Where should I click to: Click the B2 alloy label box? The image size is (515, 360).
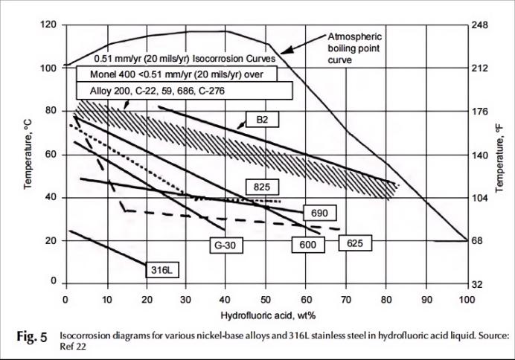pos(263,120)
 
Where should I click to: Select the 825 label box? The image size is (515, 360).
pos(262,187)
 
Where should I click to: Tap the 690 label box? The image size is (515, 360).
pos(319,213)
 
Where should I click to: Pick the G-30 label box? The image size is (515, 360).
pos(226,245)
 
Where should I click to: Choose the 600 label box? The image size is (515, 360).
pos(308,245)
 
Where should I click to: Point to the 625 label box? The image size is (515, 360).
pos(355,243)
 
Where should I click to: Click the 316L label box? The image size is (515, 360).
pos(162,270)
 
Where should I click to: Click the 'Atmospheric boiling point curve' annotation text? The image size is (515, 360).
pos(354,48)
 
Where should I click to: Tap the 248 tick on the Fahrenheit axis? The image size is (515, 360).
pos(480,25)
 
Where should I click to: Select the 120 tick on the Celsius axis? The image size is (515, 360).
pos(48,25)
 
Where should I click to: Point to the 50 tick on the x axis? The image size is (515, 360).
pos(266,299)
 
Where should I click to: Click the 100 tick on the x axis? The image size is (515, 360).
pos(467,299)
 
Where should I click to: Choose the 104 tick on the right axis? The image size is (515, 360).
pos(480,198)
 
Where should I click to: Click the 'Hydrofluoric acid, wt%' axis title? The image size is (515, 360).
pos(268,315)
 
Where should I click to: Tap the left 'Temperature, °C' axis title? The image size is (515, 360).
pos(28,154)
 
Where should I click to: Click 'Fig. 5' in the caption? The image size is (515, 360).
pos(32,337)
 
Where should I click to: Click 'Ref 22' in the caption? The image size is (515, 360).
pos(73,347)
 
